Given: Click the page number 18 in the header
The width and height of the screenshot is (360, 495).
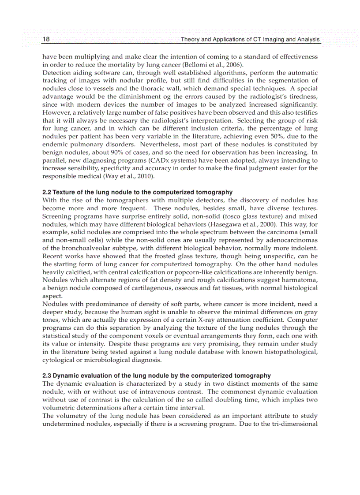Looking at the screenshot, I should [46, 40].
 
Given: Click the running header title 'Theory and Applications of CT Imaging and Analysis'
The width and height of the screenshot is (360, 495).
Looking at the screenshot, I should [250, 40].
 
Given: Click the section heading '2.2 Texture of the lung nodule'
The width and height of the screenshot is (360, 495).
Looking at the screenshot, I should [137, 193].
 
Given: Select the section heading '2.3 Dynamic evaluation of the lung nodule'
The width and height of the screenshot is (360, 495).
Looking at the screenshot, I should [156, 376].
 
